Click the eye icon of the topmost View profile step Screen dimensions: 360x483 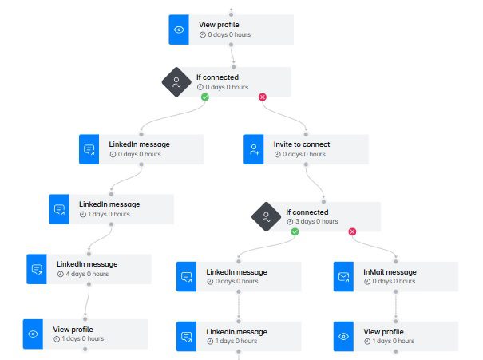(x=180, y=30)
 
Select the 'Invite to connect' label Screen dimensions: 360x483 (x=302, y=144)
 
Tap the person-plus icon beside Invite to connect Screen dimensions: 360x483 (x=255, y=149)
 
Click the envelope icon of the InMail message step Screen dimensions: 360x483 (x=344, y=277)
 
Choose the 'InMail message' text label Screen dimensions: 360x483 (x=390, y=272)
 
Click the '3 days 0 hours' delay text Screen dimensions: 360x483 (x=316, y=223)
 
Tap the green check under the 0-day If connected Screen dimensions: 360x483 (x=204, y=97)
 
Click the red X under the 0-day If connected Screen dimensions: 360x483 (x=262, y=97)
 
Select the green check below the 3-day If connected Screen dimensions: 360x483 (x=295, y=231)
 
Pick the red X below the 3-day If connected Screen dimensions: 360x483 (x=352, y=231)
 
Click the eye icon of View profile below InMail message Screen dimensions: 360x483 (x=344, y=336)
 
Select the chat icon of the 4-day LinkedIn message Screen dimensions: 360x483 (x=38, y=269)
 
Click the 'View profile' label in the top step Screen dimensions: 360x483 (x=219, y=25)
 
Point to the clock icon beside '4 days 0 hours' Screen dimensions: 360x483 (x=60, y=274)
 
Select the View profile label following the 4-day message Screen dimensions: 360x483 (x=73, y=329)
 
